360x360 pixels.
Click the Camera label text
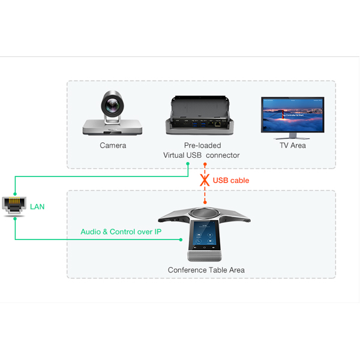coord(113,145)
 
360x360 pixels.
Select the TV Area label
coord(292,145)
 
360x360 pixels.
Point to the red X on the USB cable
coord(205,179)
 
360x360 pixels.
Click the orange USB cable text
coord(231,180)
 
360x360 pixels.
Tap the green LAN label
coord(37,207)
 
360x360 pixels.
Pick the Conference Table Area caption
coord(206,270)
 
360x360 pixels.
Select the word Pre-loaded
coord(202,145)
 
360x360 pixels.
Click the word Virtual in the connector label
coord(175,155)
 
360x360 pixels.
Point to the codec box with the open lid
coord(202,116)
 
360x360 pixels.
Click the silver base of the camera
coord(113,127)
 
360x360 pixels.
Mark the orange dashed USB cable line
coord(205,195)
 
